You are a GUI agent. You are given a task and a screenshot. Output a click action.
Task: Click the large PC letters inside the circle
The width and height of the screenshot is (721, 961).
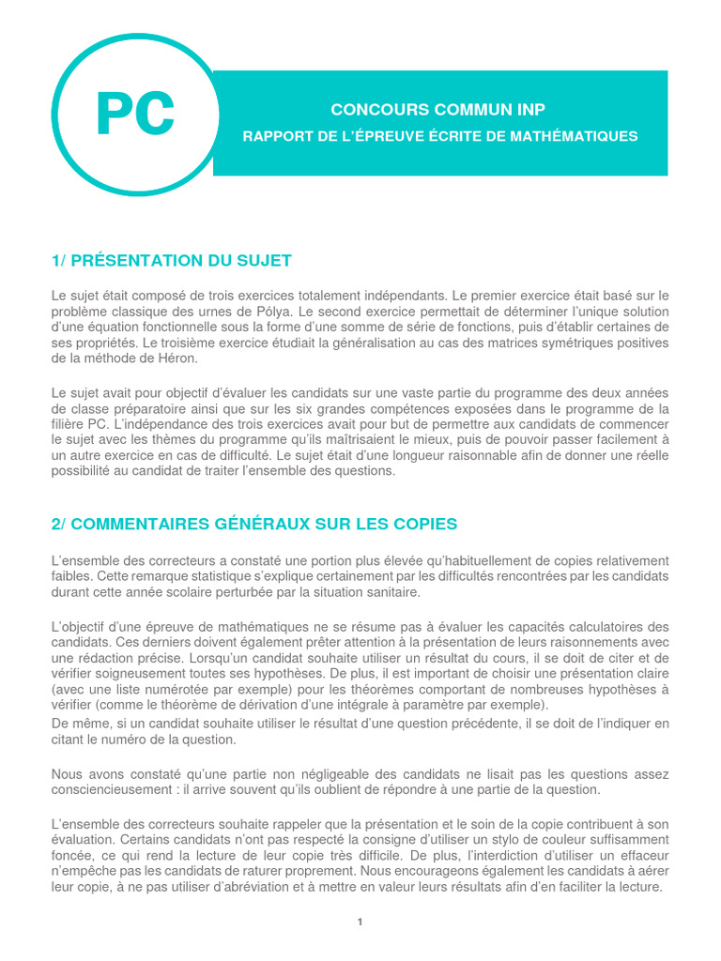point(135,114)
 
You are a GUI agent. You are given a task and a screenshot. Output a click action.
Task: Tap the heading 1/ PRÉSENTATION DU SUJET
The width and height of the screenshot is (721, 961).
point(171,260)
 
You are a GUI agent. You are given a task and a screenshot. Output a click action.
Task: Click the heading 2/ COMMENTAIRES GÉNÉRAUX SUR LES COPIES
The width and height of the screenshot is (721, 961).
point(254,524)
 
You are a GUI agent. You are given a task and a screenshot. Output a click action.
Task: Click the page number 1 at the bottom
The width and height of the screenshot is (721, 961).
point(360,922)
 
